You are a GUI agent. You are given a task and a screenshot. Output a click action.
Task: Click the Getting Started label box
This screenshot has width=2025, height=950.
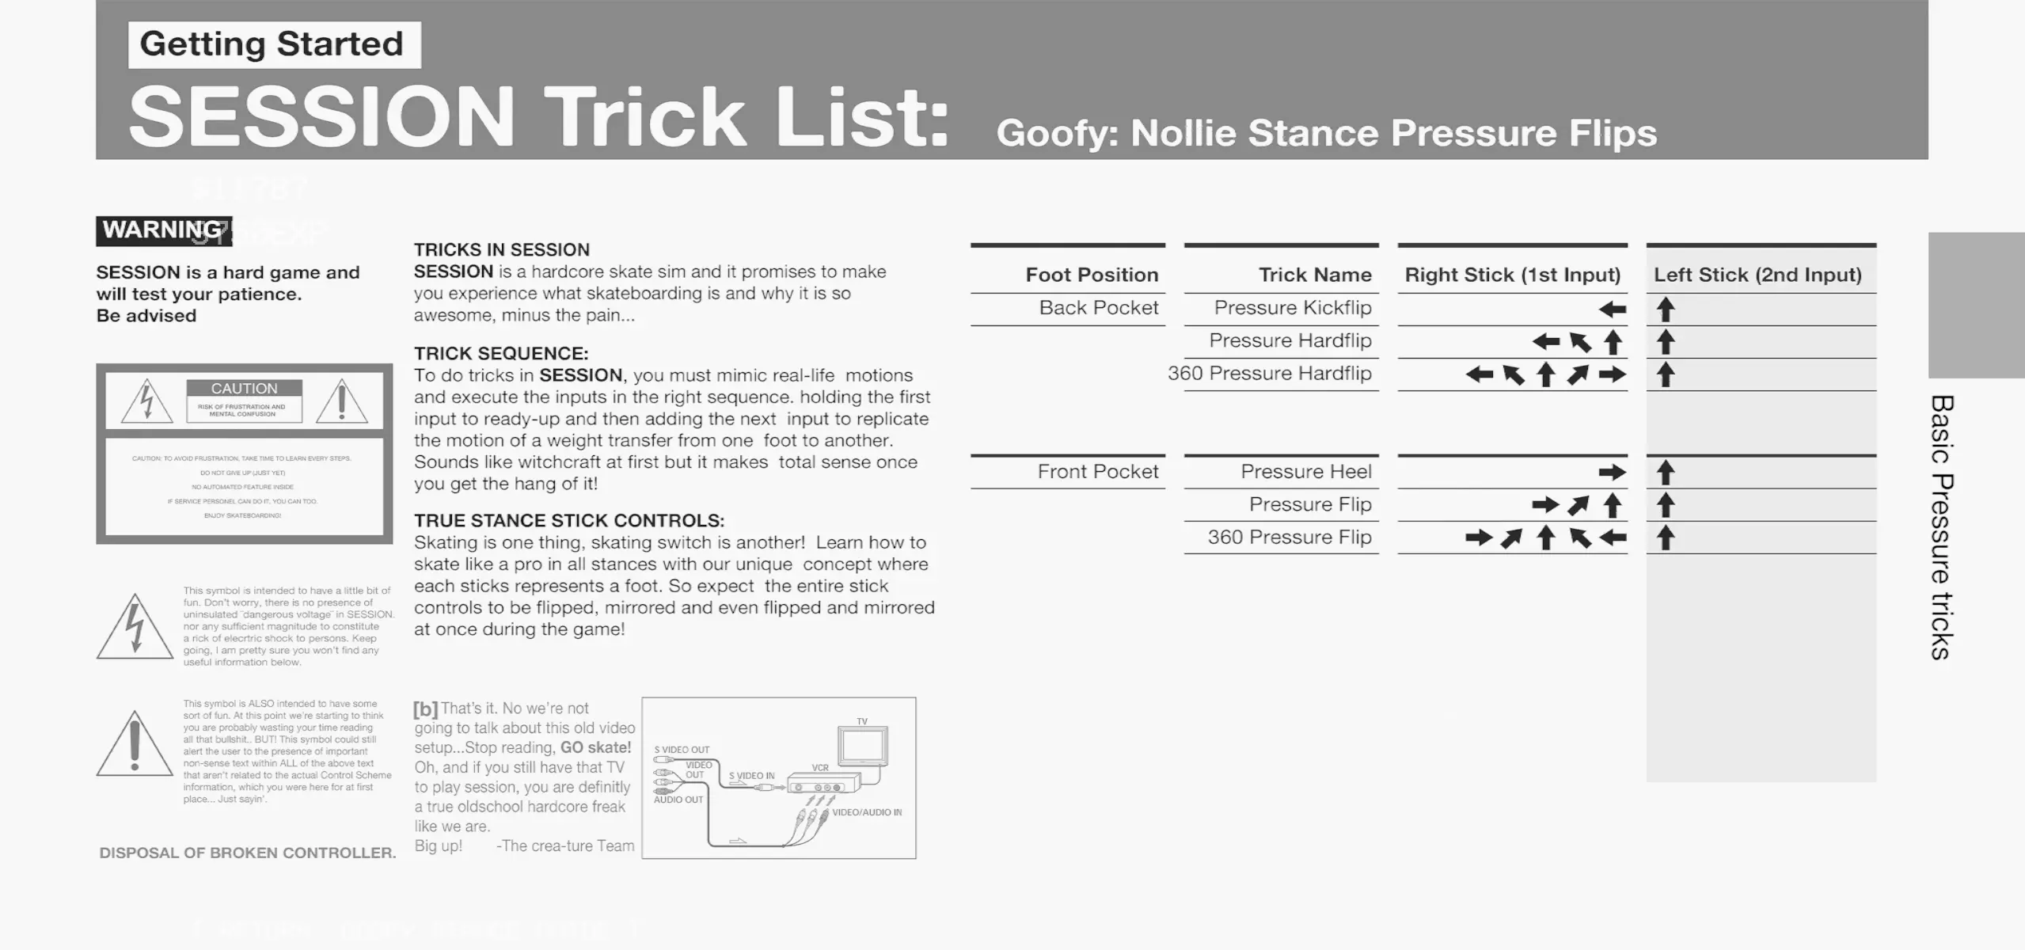(273, 44)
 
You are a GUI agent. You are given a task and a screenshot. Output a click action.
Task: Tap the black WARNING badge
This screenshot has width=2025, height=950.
(164, 230)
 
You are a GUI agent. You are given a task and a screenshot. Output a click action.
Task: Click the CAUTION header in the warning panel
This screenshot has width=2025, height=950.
(244, 389)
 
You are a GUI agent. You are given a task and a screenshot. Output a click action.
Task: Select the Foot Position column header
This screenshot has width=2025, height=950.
(1091, 275)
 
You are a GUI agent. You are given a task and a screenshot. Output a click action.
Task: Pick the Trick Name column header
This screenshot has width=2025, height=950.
(1314, 275)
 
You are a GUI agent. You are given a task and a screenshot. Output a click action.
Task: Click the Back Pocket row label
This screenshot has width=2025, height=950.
(1098, 308)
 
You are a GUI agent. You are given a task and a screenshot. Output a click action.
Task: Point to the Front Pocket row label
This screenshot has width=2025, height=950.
(1097, 472)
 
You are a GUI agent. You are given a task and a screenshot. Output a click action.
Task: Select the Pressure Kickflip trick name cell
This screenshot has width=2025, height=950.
(1292, 308)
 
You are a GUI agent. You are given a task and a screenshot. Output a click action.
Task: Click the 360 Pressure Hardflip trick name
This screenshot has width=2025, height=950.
(1269, 374)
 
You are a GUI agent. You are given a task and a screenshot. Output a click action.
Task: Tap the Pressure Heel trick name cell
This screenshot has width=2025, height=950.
(1305, 472)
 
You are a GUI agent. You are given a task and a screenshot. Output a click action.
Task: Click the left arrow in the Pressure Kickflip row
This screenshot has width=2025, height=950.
(1612, 310)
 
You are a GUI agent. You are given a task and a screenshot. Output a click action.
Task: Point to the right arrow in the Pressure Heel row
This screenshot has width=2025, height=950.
(1612, 473)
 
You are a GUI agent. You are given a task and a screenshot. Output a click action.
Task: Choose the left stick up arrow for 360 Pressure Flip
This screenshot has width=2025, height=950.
(1666, 538)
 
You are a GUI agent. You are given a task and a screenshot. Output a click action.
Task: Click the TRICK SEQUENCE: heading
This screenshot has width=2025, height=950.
(501, 353)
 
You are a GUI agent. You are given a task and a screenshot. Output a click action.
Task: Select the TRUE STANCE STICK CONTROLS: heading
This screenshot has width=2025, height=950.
(569, 521)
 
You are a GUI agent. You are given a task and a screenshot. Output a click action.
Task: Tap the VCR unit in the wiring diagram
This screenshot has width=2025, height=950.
(823, 786)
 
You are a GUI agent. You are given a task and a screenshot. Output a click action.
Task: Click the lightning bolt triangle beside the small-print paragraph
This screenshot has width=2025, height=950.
(135, 627)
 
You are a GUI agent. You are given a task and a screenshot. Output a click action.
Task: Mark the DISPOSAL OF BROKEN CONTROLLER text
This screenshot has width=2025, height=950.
(247, 853)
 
